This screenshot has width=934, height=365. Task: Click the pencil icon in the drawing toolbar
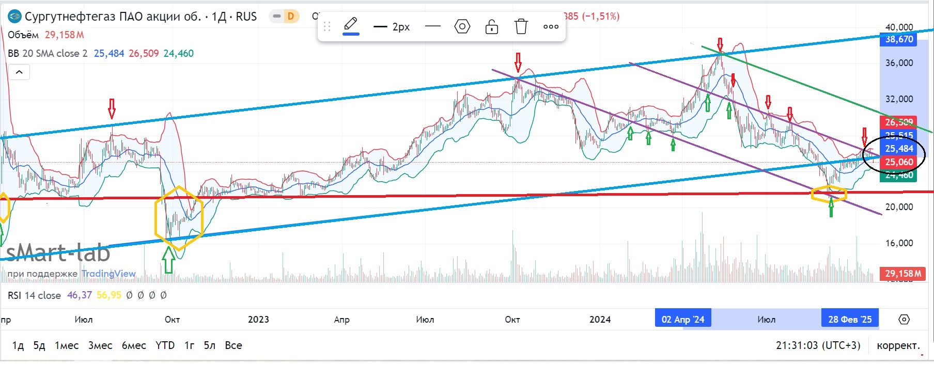tap(351, 25)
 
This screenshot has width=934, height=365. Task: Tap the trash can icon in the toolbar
tap(521, 26)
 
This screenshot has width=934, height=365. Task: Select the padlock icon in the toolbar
tap(491, 26)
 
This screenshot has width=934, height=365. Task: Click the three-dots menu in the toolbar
tap(551, 26)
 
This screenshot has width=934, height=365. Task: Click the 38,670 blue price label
tap(898, 39)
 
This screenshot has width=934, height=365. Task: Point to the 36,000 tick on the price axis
tap(899, 63)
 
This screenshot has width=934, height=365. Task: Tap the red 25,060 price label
tap(898, 162)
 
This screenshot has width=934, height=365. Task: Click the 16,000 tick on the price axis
tap(899, 243)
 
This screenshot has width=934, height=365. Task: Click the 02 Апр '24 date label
tap(682, 319)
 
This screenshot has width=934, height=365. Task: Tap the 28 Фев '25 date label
tap(849, 319)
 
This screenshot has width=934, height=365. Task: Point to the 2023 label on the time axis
tap(258, 319)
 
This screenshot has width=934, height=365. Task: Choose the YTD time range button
tap(165, 345)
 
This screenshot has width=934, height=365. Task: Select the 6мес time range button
tap(134, 345)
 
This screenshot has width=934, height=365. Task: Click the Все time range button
tap(233, 345)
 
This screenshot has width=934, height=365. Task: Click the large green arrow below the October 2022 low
tap(168, 260)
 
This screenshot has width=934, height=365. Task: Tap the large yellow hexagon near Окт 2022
tap(179, 218)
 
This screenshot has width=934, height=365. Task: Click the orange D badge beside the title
tap(290, 17)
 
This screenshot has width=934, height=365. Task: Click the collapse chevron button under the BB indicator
tap(19, 72)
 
